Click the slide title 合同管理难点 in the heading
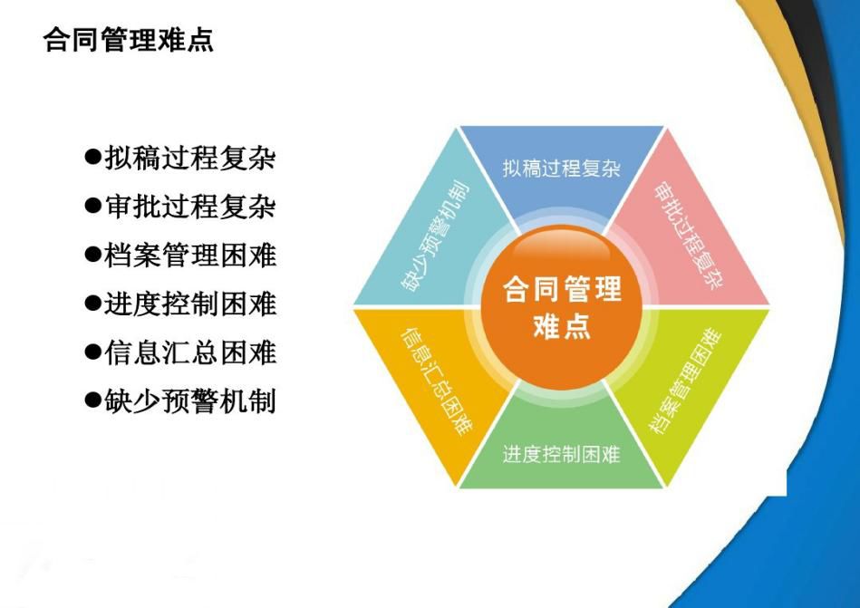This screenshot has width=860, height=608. point(129,40)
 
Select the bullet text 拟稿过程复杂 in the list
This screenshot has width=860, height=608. point(189,159)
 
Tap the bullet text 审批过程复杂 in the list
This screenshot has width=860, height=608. point(189,207)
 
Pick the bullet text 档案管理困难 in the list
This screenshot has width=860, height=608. point(189,256)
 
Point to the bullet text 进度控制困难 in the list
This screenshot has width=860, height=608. point(189,304)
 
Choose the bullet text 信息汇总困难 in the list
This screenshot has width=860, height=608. point(189,352)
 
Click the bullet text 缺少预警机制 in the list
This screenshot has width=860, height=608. point(189,401)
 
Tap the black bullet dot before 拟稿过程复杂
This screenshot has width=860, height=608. point(93,158)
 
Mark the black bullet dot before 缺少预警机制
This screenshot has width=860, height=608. point(93,400)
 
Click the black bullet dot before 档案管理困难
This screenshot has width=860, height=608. point(93,255)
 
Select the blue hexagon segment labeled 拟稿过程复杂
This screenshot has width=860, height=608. point(562,165)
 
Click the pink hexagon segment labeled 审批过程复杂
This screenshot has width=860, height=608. point(691,236)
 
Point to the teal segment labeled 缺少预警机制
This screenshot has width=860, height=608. point(433,236)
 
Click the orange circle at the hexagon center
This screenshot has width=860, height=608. point(562,307)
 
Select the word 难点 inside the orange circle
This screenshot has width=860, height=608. point(562,324)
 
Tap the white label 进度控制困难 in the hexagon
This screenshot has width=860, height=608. point(562,454)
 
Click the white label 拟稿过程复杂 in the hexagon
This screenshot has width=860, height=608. point(562,168)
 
